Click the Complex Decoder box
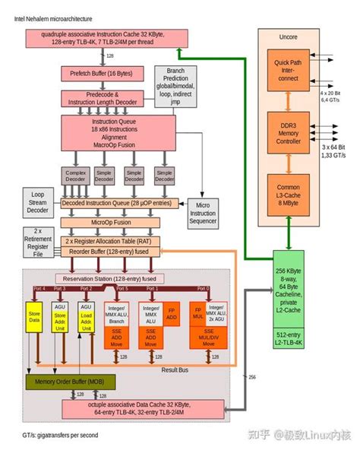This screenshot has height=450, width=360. (x=77, y=177)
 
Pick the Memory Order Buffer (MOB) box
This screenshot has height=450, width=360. (x=68, y=382)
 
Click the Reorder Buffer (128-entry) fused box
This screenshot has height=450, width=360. (x=112, y=252)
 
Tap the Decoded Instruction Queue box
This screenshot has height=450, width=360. (x=121, y=204)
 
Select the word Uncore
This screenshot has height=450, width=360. (x=287, y=35)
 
